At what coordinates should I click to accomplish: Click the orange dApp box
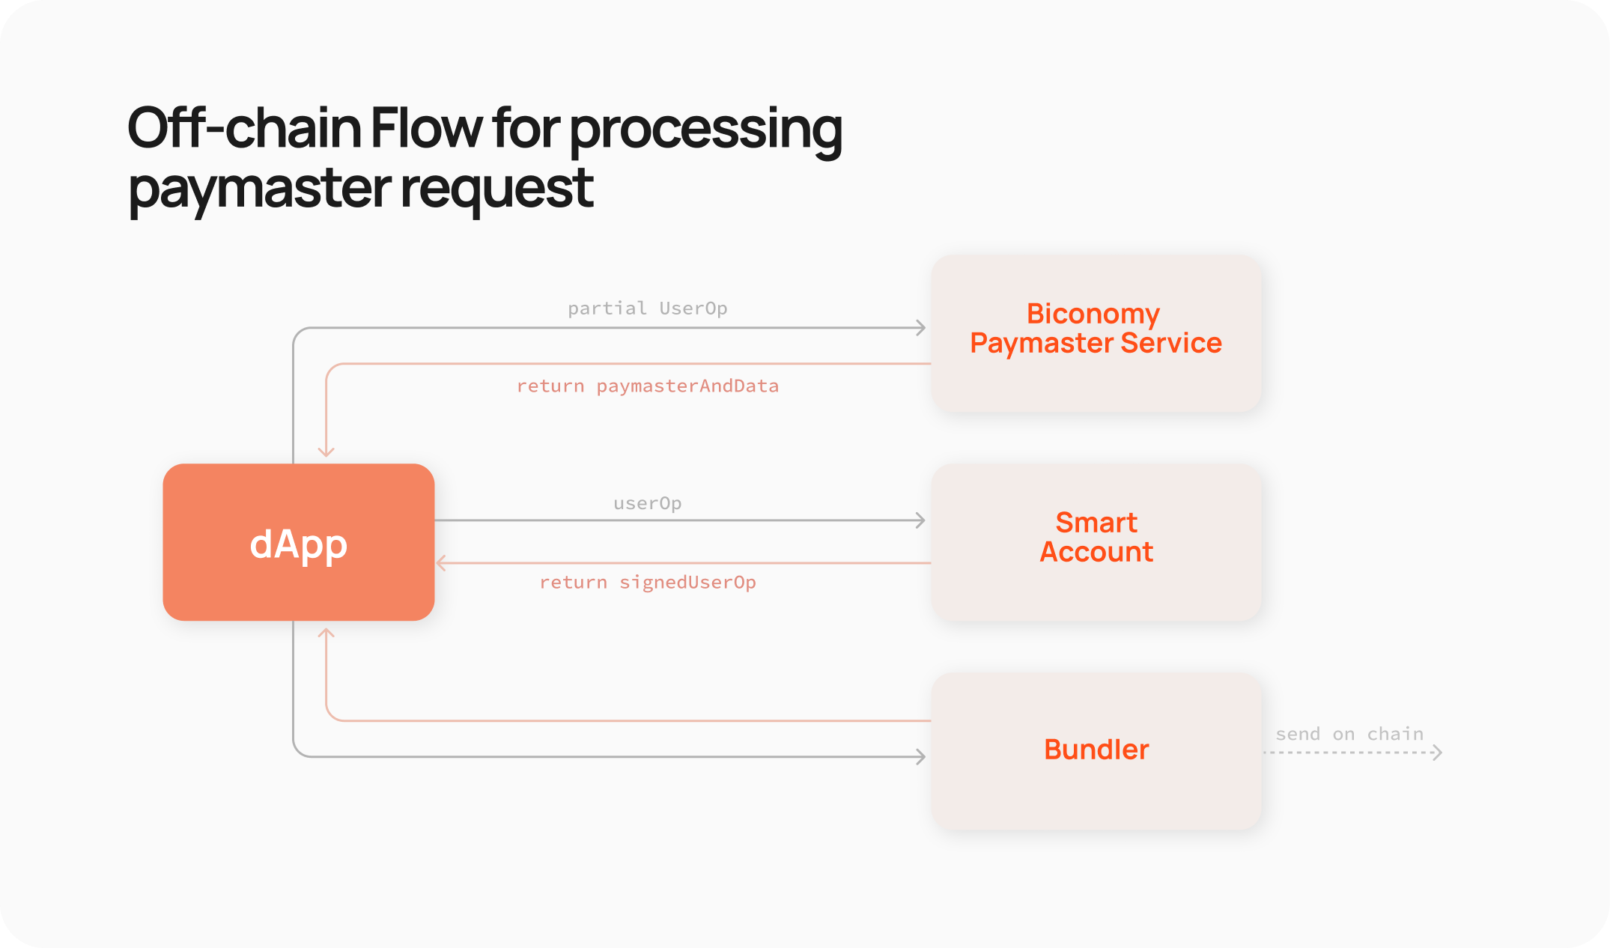coord(299,542)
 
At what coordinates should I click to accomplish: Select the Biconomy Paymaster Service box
coord(1096,334)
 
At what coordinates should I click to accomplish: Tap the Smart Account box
coord(1096,542)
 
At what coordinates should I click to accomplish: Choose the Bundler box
coord(1096,751)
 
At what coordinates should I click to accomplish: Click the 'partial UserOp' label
coord(647,309)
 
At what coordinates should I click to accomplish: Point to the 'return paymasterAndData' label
coord(647,386)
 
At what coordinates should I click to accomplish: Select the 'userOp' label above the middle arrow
coord(647,503)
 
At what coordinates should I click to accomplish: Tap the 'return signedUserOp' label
coord(647,583)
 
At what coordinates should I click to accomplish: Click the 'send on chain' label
coord(1349,734)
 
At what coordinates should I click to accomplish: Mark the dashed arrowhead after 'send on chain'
coord(1437,752)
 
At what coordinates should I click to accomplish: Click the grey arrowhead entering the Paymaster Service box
coord(921,327)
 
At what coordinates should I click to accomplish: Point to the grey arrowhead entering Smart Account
coord(921,520)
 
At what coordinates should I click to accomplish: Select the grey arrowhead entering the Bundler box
coord(921,756)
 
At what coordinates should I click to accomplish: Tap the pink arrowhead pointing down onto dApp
coord(326,452)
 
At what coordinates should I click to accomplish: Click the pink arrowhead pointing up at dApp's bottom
coord(326,633)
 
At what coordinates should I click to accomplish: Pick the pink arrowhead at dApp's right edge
coord(441,562)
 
